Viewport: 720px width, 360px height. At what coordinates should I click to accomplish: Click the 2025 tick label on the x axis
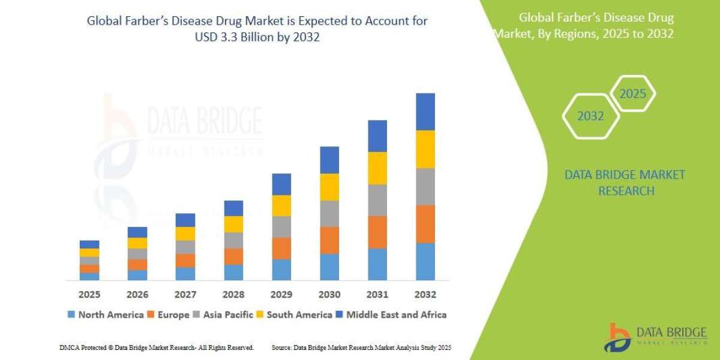point(89,295)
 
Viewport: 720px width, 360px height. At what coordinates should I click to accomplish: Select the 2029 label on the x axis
point(281,295)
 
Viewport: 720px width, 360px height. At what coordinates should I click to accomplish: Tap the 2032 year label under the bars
point(425,295)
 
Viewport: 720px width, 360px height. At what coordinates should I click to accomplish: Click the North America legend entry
point(106,314)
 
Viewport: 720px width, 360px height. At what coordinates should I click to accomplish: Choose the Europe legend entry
point(169,314)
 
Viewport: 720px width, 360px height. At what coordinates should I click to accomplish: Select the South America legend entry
point(294,314)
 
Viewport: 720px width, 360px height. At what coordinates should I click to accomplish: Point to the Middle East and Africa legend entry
point(391,314)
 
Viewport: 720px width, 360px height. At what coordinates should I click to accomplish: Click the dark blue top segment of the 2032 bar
point(425,112)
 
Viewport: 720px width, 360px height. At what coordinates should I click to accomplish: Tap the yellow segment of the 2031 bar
point(377,168)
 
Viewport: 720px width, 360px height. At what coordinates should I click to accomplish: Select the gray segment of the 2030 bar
point(329,213)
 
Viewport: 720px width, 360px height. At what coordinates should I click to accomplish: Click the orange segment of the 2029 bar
point(281,248)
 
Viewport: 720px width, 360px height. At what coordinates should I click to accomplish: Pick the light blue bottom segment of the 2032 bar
point(425,261)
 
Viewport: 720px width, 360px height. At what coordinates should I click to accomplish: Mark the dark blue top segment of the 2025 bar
point(89,244)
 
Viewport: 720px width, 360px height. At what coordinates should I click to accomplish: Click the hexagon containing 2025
point(632,94)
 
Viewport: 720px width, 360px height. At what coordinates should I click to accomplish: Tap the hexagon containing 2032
point(590,116)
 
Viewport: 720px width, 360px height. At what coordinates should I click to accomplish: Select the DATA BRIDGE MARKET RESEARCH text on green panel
point(624,183)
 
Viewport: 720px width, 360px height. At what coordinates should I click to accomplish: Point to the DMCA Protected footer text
point(156,347)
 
